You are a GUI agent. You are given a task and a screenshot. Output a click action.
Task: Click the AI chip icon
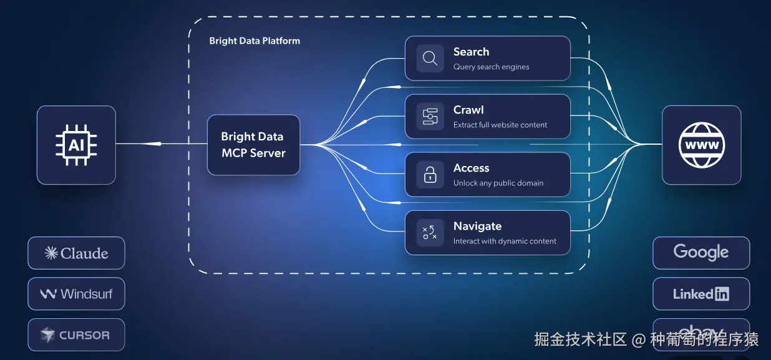(76, 145)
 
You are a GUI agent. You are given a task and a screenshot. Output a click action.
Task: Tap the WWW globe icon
(701, 145)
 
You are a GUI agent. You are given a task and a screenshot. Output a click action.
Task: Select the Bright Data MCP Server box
(253, 145)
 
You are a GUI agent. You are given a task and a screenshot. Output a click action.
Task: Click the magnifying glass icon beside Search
(430, 59)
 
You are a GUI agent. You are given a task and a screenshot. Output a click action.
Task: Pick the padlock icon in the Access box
(430, 175)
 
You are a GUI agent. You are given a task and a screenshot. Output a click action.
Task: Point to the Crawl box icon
(430, 117)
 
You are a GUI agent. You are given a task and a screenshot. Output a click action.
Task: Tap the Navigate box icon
(430, 233)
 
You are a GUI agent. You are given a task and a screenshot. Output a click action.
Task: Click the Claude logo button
(76, 253)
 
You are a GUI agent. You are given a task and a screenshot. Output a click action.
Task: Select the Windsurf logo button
(76, 294)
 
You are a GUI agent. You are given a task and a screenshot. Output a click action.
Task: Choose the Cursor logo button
(76, 335)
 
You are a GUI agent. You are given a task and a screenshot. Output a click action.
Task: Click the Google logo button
(701, 253)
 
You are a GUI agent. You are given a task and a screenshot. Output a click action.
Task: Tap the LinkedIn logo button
(701, 294)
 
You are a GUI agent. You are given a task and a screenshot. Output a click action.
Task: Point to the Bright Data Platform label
(255, 41)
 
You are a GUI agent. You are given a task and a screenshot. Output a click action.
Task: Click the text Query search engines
(491, 67)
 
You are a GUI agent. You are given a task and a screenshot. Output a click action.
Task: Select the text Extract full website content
(500, 125)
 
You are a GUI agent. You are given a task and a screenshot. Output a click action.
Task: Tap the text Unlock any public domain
(498, 183)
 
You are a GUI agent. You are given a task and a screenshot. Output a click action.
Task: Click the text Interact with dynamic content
(505, 241)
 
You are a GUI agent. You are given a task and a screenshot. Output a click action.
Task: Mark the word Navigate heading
(477, 226)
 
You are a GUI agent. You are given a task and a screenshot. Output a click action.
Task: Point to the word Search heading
(471, 52)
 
